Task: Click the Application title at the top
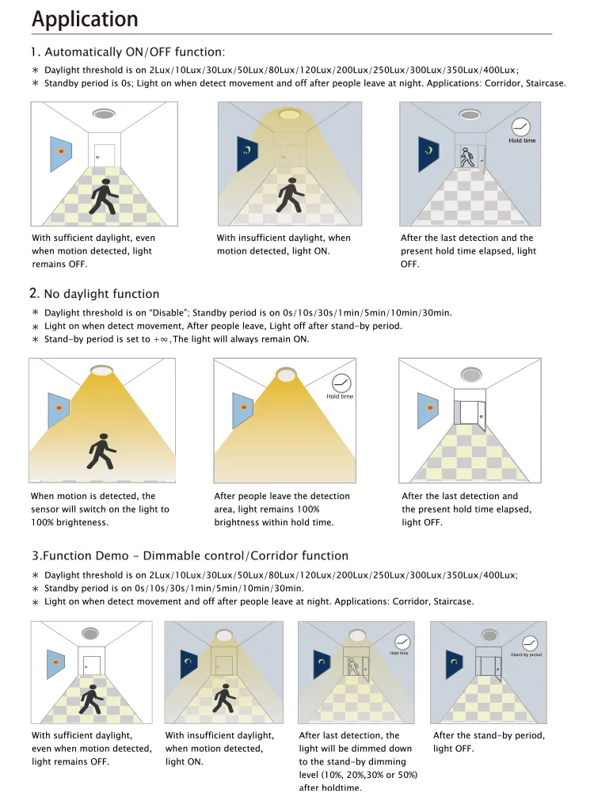click(x=85, y=19)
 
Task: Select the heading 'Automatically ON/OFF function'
click(x=135, y=52)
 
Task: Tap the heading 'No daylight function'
click(x=101, y=294)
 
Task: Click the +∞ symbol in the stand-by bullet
click(x=161, y=339)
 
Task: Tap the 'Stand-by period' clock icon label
click(x=526, y=654)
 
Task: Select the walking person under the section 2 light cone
click(x=101, y=452)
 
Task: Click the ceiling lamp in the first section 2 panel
click(x=101, y=371)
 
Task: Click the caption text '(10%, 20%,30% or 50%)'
click(x=358, y=775)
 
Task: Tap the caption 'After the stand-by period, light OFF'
click(x=489, y=742)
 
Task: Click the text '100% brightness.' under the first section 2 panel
click(x=70, y=523)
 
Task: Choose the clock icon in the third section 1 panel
click(x=521, y=126)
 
